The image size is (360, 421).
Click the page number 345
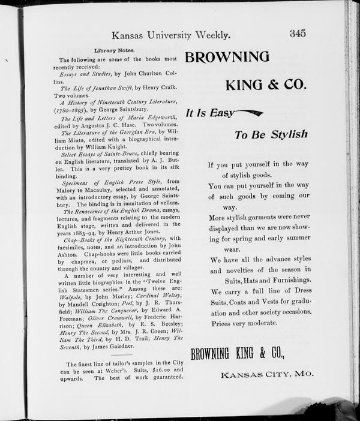[298, 34]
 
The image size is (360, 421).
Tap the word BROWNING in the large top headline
[227, 57]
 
